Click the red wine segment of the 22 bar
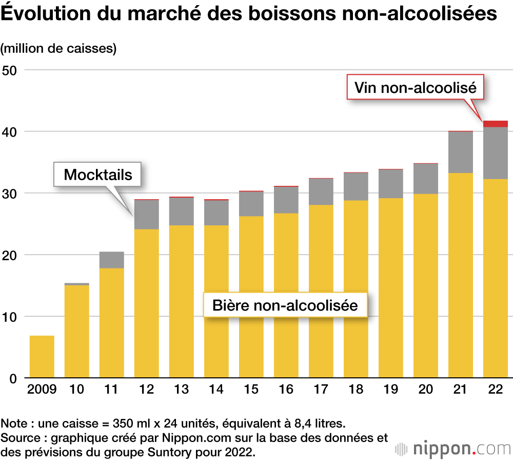(x=495, y=124)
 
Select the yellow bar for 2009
(x=42, y=357)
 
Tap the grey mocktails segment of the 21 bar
(x=460, y=152)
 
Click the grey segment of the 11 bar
(x=111, y=260)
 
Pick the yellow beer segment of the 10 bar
(x=76, y=331)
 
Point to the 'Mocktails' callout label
(x=98, y=175)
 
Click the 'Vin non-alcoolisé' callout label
(x=416, y=88)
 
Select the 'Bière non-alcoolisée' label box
(x=285, y=305)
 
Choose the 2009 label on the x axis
(x=42, y=390)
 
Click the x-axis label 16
(x=286, y=390)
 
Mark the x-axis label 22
(x=495, y=390)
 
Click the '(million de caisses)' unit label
(x=58, y=49)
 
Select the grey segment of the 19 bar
(x=390, y=183)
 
